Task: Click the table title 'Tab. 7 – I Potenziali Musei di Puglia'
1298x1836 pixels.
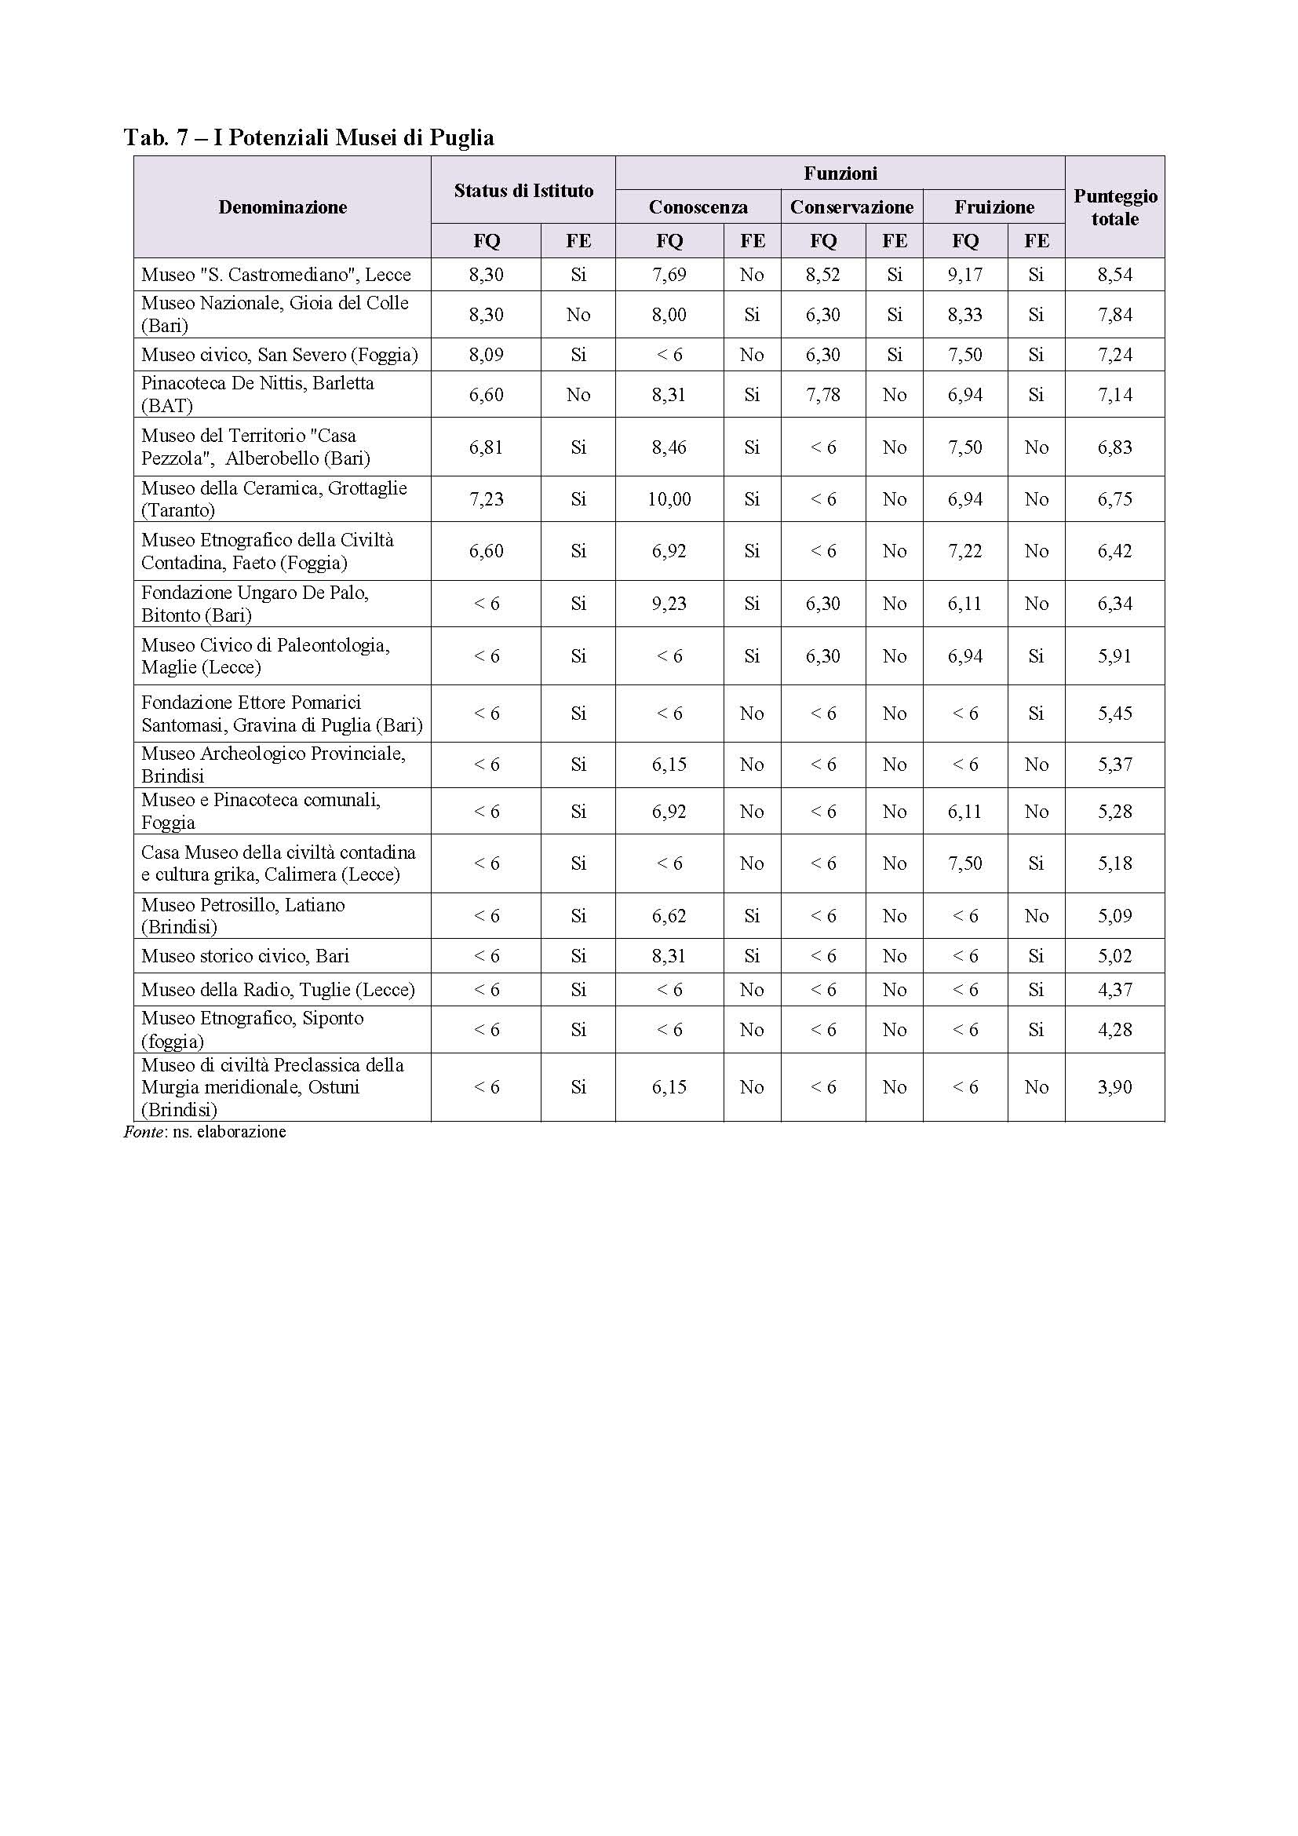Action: tap(308, 138)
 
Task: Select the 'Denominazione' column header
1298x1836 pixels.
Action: tap(283, 207)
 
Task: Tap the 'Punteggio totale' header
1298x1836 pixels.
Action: tap(1114, 207)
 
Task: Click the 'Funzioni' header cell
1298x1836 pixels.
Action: tap(839, 173)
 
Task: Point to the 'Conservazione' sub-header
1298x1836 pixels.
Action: tap(851, 207)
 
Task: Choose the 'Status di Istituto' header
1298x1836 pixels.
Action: tap(523, 190)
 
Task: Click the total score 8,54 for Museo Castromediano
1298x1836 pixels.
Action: tap(1114, 274)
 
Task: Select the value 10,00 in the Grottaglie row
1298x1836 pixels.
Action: tap(669, 499)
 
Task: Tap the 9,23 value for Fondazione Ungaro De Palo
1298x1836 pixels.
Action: tap(669, 604)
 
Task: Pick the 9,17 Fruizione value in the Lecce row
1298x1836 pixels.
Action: tap(964, 274)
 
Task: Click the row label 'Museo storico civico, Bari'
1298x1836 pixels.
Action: tap(246, 955)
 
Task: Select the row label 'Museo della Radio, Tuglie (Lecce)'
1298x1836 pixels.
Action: tap(278, 989)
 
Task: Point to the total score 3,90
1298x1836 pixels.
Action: tap(1114, 1086)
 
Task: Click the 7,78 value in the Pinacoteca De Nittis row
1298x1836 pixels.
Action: tap(822, 394)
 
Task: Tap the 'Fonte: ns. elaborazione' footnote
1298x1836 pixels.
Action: tap(205, 1132)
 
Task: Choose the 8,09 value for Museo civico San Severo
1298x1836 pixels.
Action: tap(486, 354)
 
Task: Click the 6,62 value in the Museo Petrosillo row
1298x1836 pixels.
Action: tap(669, 915)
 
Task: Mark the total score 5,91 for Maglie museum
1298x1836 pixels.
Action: tap(1114, 655)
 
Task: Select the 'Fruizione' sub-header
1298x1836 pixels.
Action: tap(994, 207)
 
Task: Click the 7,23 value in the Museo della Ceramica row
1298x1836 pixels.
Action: tap(486, 499)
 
